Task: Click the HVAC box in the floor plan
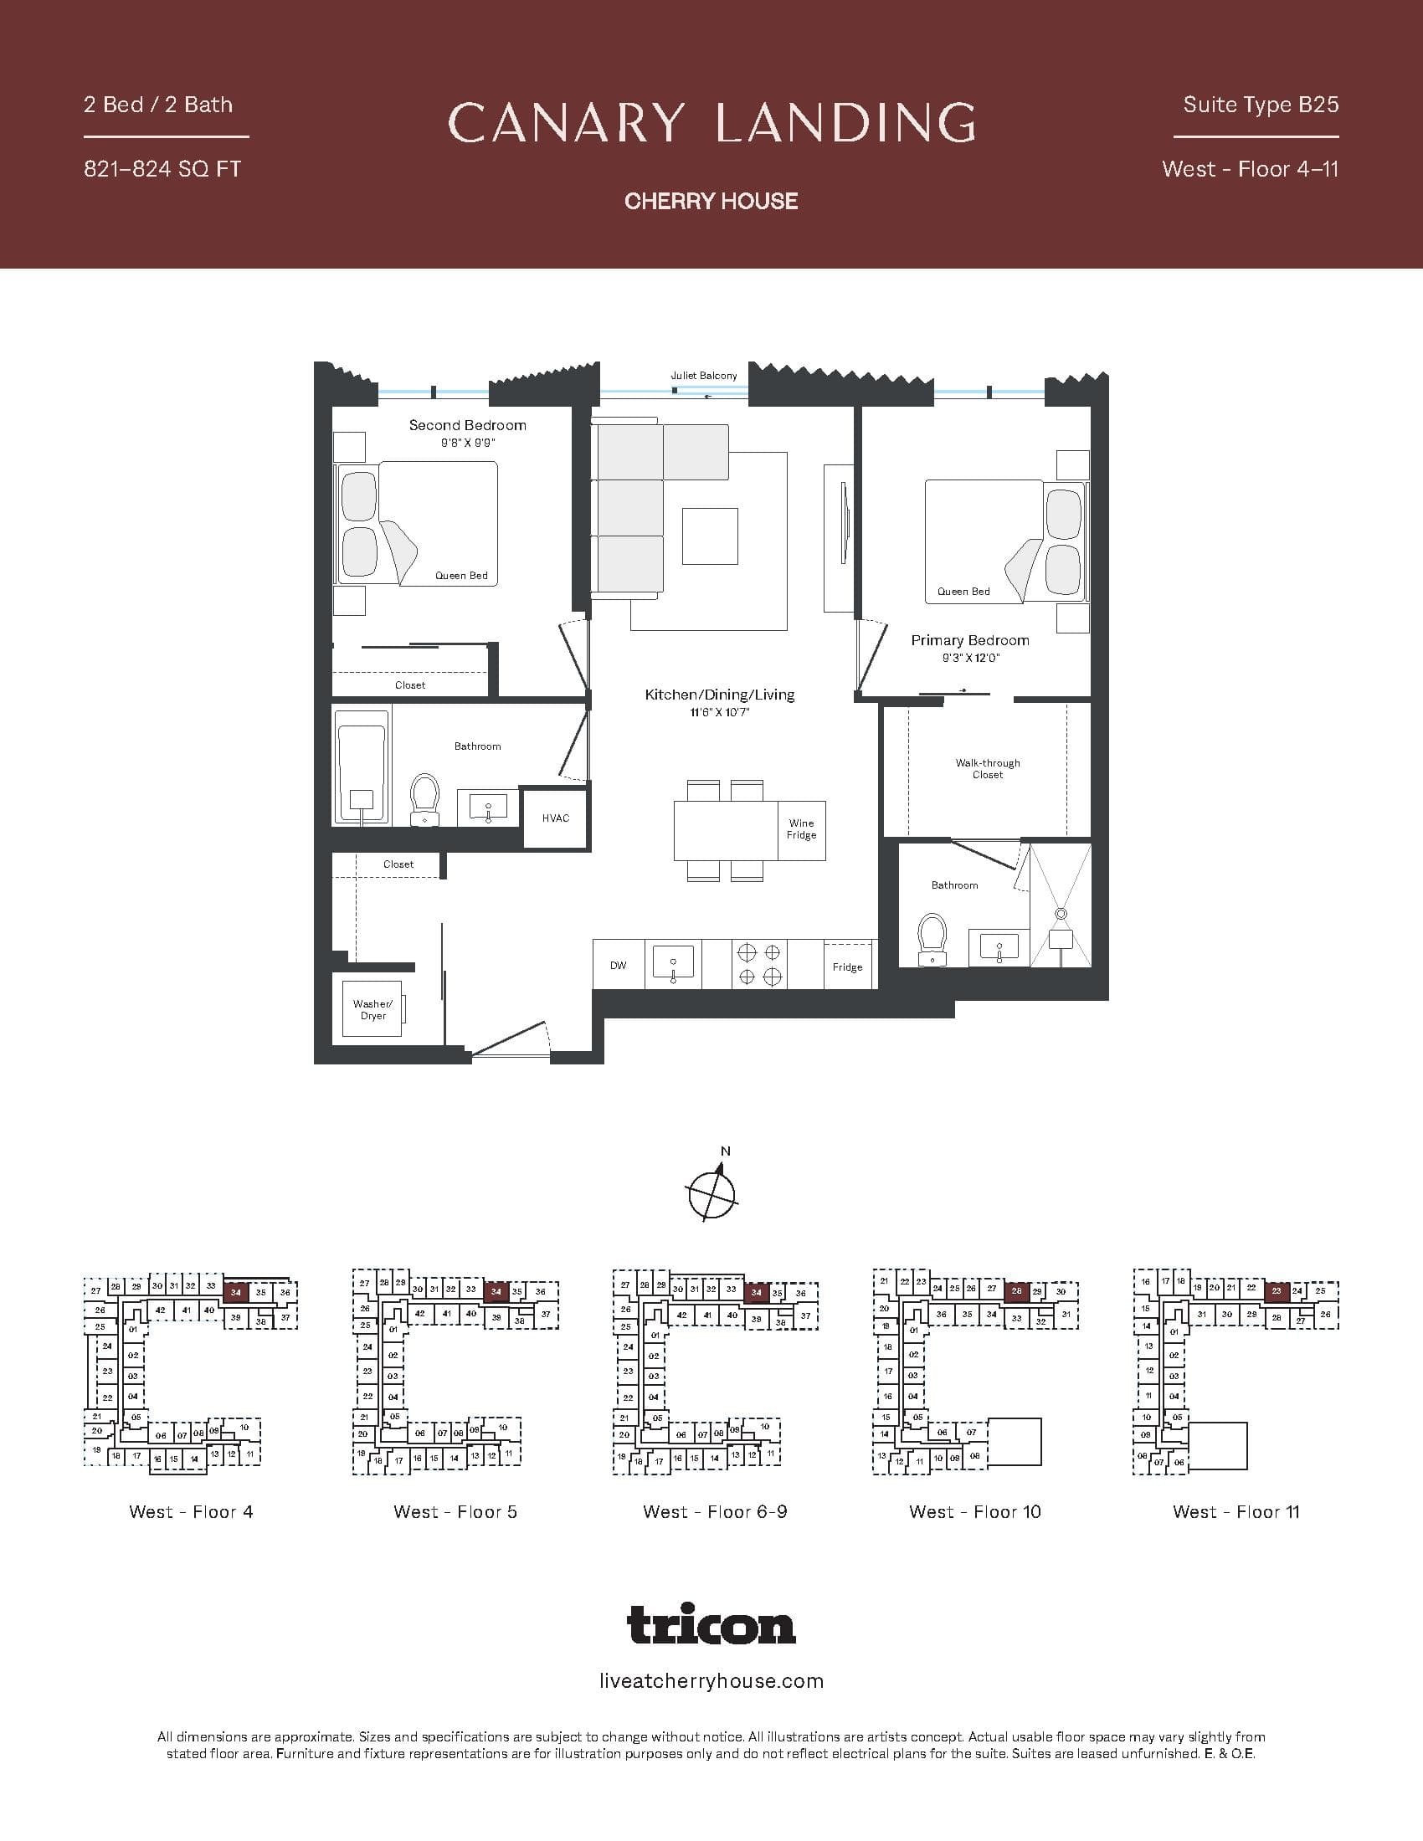click(x=556, y=818)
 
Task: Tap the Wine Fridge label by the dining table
click(x=801, y=829)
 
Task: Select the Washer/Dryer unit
click(x=372, y=1009)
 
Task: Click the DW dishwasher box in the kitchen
click(x=619, y=965)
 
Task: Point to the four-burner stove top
click(x=758, y=964)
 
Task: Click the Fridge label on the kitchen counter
click(x=847, y=967)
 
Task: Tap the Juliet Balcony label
click(x=704, y=376)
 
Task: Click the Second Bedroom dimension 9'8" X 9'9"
click(x=468, y=443)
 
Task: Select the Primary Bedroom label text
click(x=969, y=641)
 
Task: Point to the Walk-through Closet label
click(x=987, y=769)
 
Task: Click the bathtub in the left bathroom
click(x=362, y=767)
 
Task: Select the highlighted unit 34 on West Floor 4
click(x=235, y=1292)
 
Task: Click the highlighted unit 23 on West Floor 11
click(x=1277, y=1290)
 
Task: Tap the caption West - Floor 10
click(x=974, y=1512)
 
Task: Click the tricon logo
click(x=711, y=1624)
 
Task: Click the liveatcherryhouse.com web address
click(x=711, y=1682)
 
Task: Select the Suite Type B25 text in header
click(x=1261, y=105)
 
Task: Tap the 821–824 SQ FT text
click(x=162, y=169)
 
